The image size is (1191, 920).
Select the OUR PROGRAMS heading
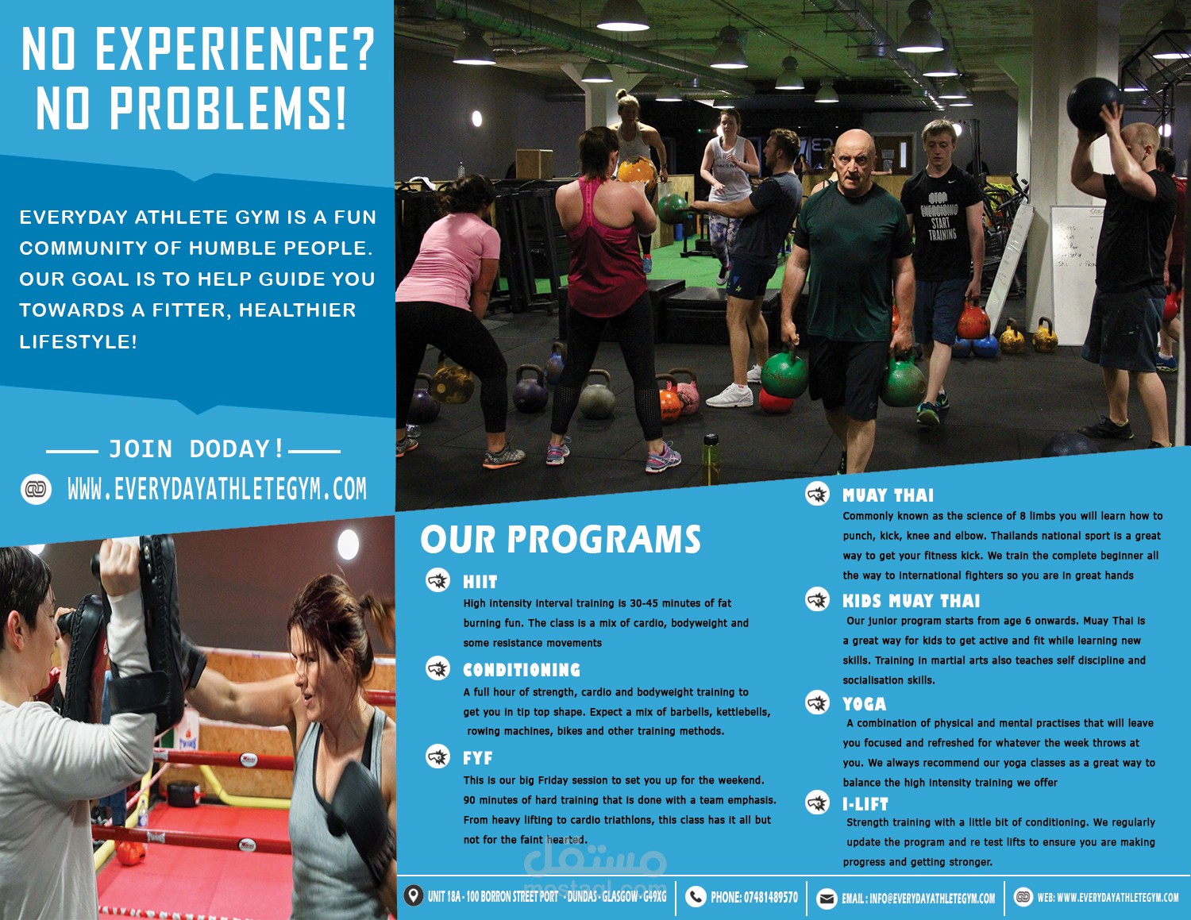click(561, 540)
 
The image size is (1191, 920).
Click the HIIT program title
click(480, 582)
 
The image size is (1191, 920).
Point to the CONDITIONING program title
click(522, 670)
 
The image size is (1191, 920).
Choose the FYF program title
click(477, 758)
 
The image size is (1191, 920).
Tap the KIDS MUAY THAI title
click(911, 601)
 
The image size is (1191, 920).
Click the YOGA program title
click(864, 704)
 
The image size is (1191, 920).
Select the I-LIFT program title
click(865, 804)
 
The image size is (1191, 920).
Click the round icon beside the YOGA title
click(817, 703)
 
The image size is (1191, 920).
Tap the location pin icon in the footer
click(413, 896)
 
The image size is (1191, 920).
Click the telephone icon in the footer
click(696, 897)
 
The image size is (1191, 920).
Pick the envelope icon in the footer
click(827, 898)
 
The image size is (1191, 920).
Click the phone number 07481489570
click(770, 897)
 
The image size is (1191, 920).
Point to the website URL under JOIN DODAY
click(217, 489)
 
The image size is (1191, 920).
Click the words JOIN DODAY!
click(195, 449)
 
